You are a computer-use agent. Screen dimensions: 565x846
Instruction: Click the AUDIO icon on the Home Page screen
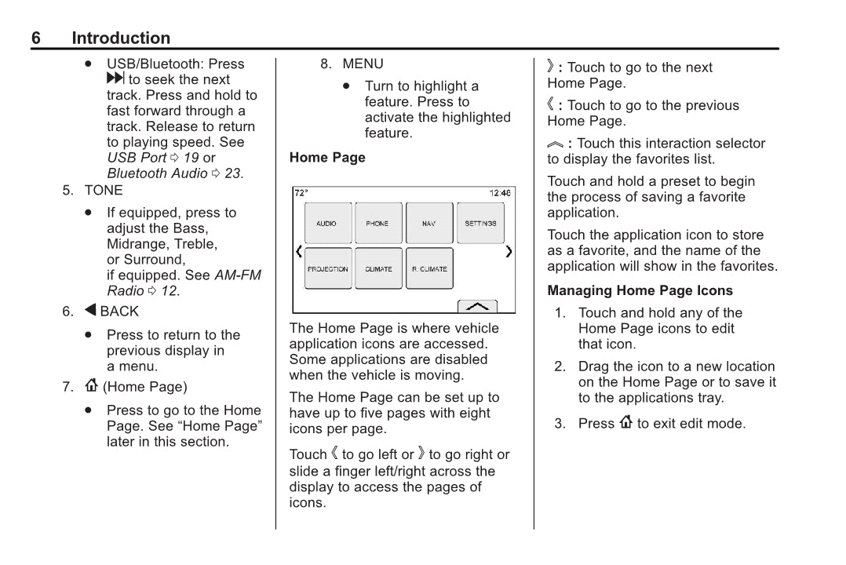[326, 224]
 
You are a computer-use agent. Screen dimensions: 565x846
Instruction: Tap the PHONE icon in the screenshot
[377, 224]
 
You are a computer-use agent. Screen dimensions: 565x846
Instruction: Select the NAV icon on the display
[428, 224]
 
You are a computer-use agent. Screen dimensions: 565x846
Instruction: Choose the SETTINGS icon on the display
[480, 224]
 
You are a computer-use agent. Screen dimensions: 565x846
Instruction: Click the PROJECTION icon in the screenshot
[327, 269]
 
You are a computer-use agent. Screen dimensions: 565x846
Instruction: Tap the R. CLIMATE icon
[429, 269]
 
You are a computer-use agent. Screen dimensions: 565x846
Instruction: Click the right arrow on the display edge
[509, 252]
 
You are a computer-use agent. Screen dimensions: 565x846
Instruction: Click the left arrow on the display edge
[298, 252]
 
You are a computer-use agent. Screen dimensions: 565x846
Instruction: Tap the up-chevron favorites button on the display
[477, 306]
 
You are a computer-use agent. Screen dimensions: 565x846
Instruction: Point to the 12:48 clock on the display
[500, 193]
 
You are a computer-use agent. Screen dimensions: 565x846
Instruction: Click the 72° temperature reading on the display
[301, 193]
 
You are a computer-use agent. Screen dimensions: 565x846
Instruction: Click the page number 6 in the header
[36, 38]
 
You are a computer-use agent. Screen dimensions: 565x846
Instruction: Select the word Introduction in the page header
[120, 38]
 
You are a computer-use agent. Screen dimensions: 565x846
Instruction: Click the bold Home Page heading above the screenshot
[327, 158]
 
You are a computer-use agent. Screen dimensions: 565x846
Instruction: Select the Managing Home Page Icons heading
[640, 290]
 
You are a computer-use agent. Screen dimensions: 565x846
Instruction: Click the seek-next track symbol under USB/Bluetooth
[115, 79]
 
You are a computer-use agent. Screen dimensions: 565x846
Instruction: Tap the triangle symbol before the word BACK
[90, 311]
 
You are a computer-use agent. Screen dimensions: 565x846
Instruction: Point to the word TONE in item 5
[104, 190]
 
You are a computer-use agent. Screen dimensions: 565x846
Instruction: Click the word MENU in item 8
[363, 64]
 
